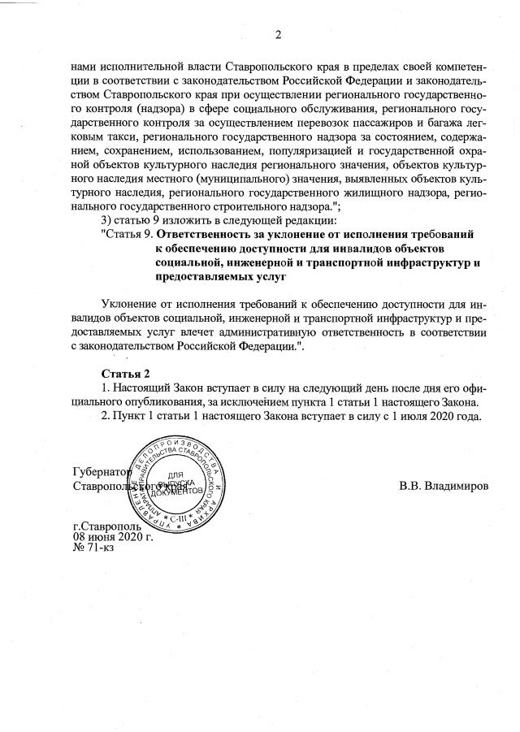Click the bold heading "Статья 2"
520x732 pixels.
click(x=125, y=373)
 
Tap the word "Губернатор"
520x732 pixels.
click(x=100, y=472)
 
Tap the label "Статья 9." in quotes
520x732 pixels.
click(x=128, y=233)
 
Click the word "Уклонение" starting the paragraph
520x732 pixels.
click(x=133, y=303)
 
